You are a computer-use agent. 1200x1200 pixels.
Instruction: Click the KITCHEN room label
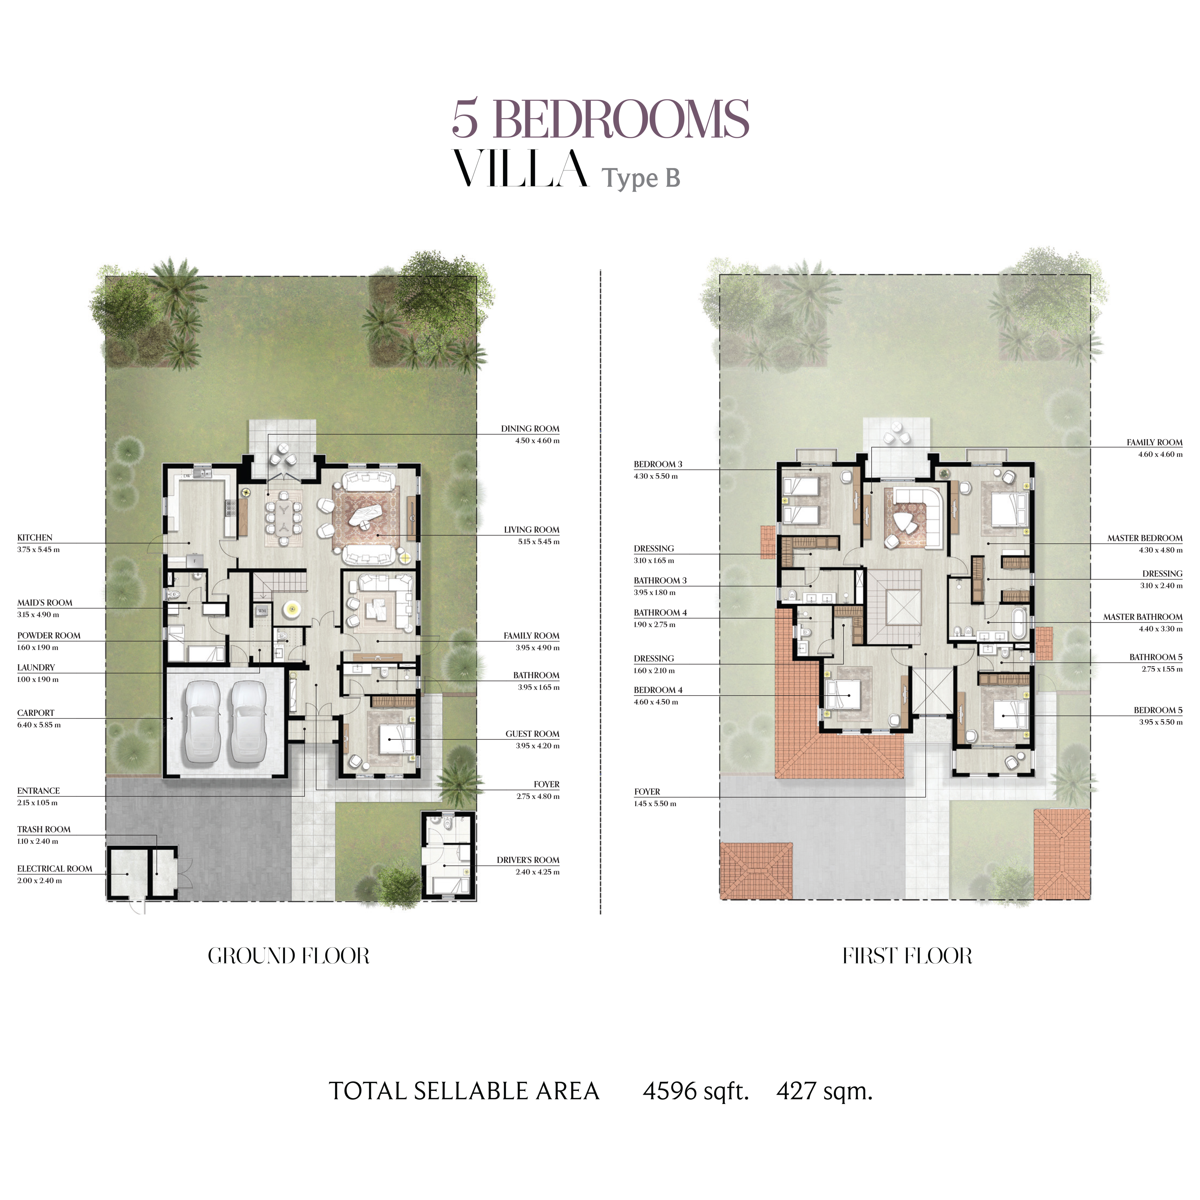tap(35, 537)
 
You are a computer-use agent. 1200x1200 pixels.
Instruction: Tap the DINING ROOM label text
tap(530, 429)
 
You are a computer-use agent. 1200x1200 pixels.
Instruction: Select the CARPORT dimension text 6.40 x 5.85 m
tap(39, 725)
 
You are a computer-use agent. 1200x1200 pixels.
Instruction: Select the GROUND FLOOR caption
tap(289, 955)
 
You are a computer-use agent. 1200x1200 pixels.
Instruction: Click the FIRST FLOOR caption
tap(908, 955)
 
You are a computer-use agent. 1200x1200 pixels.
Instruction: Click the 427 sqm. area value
tap(824, 1091)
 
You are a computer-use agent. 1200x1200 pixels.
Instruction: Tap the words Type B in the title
tap(641, 178)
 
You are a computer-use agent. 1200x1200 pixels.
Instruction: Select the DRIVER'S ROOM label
tap(528, 860)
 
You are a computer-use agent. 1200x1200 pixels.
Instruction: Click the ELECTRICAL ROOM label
tap(55, 868)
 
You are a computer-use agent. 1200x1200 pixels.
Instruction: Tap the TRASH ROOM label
tap(44, 829)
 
